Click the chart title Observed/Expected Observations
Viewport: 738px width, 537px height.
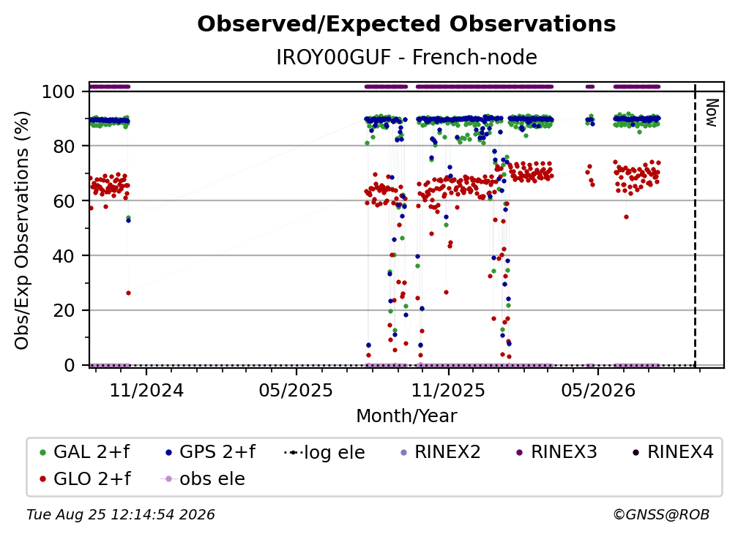[406, 24]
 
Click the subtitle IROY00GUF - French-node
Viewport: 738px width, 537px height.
[406, 57]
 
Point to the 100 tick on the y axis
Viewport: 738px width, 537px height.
[59, 91]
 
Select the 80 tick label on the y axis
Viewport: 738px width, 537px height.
[64, 146]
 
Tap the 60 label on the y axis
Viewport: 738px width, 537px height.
[64, 201]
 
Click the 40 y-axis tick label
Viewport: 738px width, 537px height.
[64, 256]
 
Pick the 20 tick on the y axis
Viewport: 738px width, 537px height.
[64, 311]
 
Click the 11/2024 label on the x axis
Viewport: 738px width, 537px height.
[146, 391]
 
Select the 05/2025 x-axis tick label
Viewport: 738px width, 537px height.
[296, 391]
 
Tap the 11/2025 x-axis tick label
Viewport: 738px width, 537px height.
[448, 391]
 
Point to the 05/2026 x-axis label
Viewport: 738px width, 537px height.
[598, 391]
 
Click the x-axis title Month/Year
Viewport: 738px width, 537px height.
[406, 416]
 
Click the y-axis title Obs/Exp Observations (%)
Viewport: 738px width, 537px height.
[22, 230]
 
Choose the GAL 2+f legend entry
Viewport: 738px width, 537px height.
[85, 452]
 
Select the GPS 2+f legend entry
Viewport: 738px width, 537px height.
[209, 452]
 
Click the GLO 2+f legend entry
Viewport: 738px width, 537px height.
[85, 478]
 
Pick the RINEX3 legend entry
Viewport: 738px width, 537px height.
[556, 452]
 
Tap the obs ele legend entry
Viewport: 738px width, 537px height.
[203, 478]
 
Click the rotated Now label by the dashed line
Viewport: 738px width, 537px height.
[712, 113]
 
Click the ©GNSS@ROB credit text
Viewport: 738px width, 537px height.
[661, 515]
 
